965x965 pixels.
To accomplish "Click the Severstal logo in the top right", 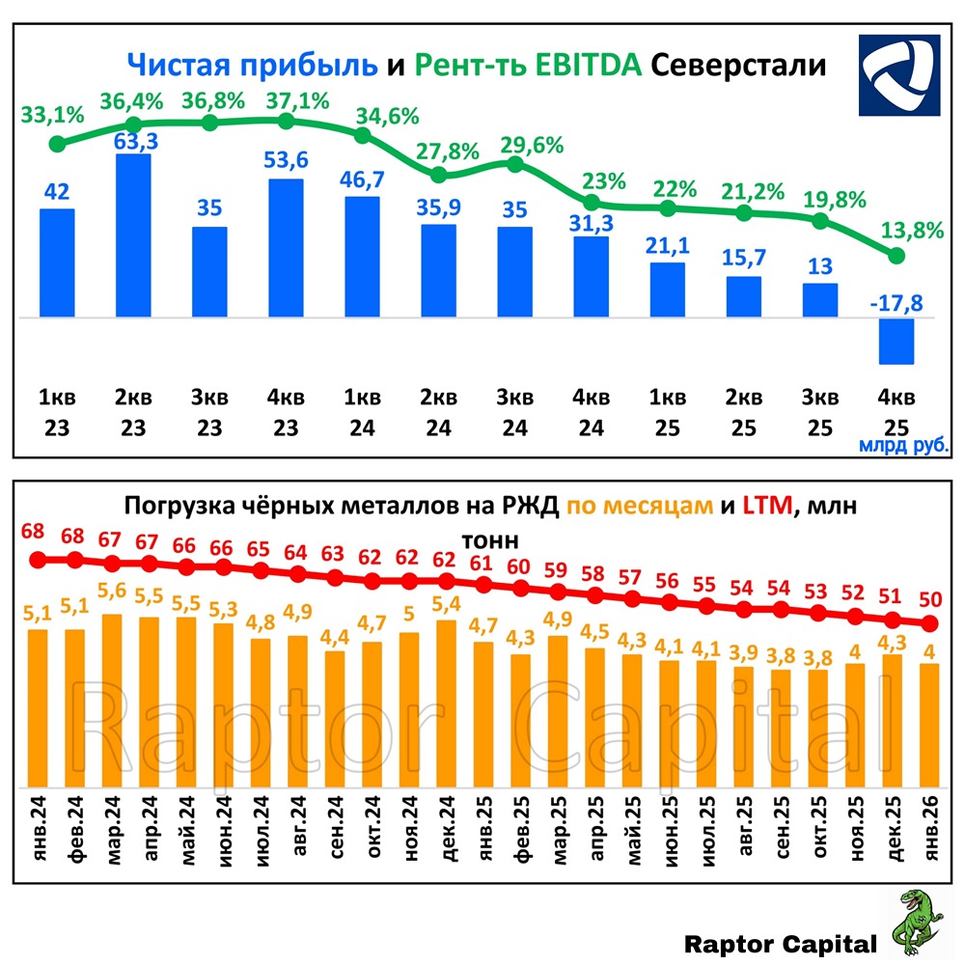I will [898, 75].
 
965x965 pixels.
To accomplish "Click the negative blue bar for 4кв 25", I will [896, 341].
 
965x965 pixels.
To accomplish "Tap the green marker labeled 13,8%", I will [896, 256].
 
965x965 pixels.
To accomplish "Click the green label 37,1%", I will [287, 100].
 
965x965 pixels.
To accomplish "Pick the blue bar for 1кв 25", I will [668, 289].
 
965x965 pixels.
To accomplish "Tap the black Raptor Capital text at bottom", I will [781, 944].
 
